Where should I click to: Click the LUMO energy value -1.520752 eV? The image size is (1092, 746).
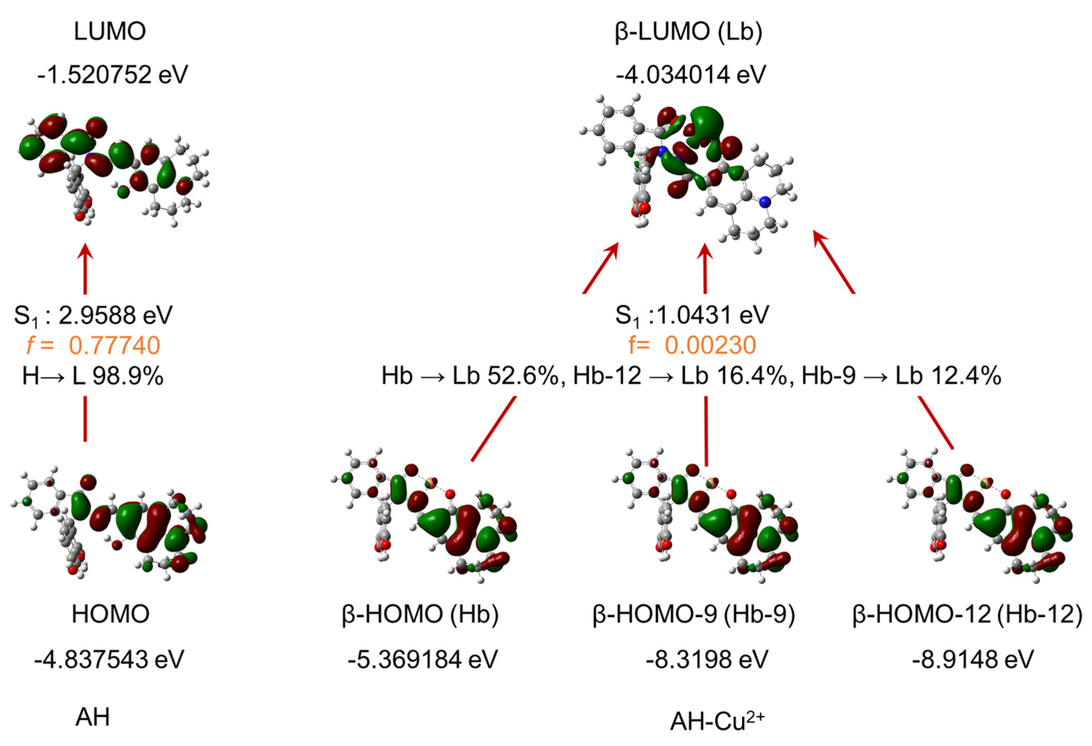click(113, 74)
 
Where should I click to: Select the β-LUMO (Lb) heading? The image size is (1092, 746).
click(688, 32)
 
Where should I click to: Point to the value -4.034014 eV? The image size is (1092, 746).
click(691, 74)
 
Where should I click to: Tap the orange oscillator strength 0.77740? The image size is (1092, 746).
click(114, 345)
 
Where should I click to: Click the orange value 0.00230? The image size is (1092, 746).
click(710, 345)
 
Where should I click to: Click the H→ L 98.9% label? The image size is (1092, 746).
click(93, 376)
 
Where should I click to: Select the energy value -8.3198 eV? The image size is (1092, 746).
click(707, 659)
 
